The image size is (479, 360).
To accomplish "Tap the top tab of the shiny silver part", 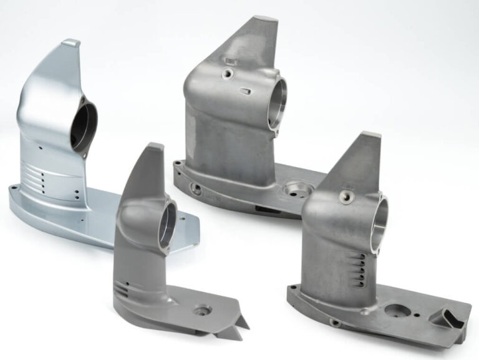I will coord(70,43).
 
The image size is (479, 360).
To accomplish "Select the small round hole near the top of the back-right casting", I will coord(228,74).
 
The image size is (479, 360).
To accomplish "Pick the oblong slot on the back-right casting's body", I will coord(247,91).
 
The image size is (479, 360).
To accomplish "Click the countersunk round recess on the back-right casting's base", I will coord(293,187).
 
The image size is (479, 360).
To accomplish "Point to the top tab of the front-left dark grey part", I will coord(155,147).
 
